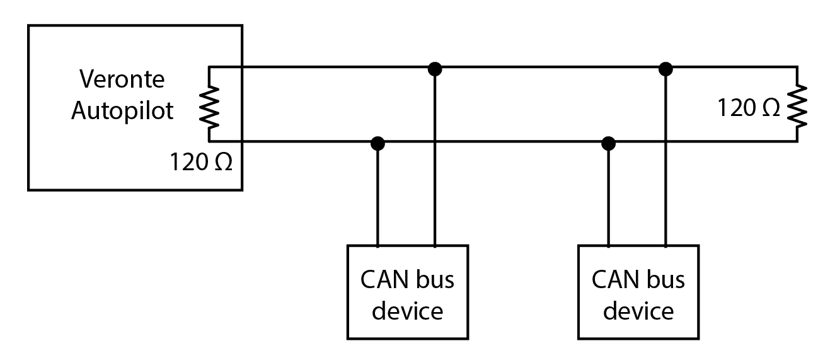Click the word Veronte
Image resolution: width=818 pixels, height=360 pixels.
tap(122, 80)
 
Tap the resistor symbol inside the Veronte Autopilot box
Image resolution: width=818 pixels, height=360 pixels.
tap(209, 104)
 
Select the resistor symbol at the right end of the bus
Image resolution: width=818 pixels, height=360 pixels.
tap(797, 104)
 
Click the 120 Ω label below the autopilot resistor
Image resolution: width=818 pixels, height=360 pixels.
tap(201, 163)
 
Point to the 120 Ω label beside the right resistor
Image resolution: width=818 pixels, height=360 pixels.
tap(748, 108)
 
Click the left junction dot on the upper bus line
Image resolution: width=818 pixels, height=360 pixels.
tap(434, 68)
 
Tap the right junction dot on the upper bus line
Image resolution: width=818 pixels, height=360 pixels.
tap(665, 68)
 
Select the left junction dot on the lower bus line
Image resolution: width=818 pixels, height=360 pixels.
tap(377, 143)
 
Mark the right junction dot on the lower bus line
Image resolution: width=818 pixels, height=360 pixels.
tap(608, 143)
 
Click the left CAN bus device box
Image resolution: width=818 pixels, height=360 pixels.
tap(408, 293)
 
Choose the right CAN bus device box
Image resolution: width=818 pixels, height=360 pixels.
tap(638, 293)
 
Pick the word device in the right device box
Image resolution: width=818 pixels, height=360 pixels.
tap(638, 310)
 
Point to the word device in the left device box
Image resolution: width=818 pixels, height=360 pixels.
tap(408, 310)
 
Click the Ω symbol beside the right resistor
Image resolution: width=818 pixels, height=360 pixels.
tap(769, 108)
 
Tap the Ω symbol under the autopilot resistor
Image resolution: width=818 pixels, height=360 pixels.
tap(222, 163)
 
